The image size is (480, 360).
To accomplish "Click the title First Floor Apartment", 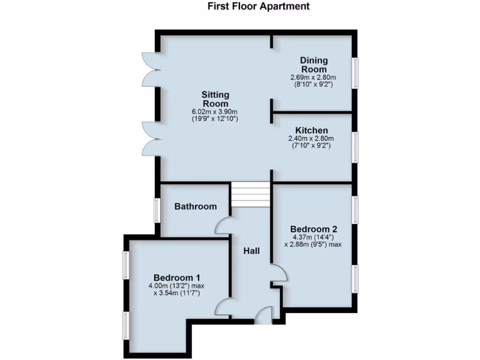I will coord(259,7).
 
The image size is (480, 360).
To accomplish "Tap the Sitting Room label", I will coord(215,99).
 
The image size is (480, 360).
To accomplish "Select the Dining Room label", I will coord(314,65).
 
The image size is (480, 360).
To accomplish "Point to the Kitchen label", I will coord(311,130).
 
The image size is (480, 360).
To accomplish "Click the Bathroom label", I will coord(195,206).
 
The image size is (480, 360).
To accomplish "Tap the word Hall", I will coord(251,251).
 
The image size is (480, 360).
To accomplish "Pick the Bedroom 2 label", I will coord(314,229).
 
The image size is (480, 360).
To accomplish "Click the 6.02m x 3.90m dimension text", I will coord(215,112).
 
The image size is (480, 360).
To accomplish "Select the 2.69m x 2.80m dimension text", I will coord(314,77).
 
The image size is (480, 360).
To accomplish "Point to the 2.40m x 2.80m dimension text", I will coord(311,138).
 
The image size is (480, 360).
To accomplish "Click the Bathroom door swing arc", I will coord(222,225).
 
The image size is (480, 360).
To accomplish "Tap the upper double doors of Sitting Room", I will coord(150,69).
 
